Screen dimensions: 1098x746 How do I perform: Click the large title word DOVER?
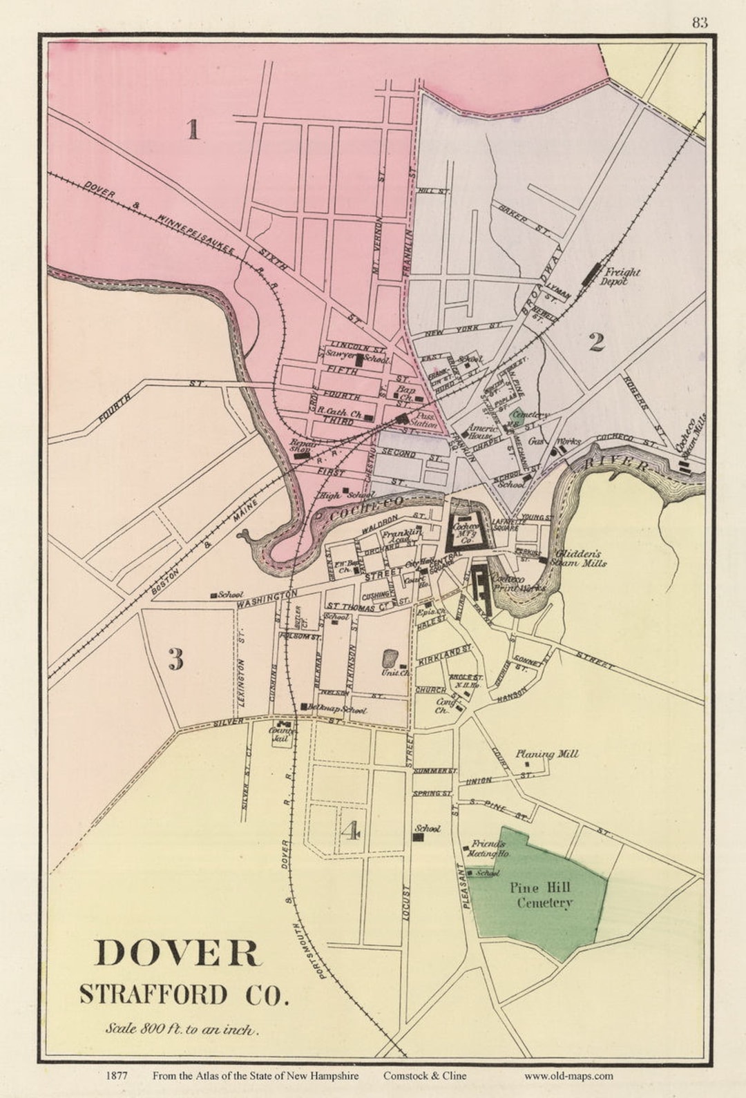178,953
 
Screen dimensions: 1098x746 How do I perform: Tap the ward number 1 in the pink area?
193,129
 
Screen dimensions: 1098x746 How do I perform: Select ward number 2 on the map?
597,341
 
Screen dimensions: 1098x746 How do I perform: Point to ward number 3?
175,660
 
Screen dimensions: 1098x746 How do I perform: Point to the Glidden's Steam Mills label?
580,558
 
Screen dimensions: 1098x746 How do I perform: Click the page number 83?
699,23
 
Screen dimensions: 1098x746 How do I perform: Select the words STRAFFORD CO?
182,994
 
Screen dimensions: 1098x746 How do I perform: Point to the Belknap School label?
337,709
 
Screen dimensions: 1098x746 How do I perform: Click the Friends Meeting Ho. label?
489,849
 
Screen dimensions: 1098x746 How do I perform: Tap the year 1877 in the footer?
116,1075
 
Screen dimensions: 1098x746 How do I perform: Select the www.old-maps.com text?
568,1075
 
